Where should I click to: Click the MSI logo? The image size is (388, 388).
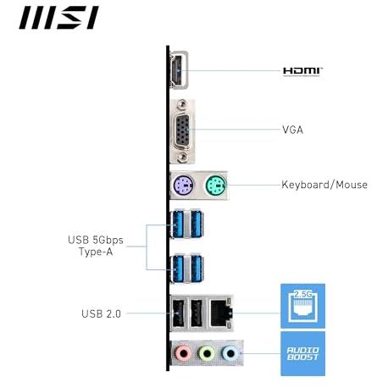[58, 18]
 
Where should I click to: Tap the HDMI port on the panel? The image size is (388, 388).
[179, 70]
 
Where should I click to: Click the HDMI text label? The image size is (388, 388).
[302, 71]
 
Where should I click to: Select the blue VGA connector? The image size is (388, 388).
[182, 131]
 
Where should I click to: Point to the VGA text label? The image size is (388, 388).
[293, 130]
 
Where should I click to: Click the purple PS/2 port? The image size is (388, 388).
[183, 186]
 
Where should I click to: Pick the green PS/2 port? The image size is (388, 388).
[216, 186]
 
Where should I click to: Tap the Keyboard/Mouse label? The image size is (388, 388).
[324, 185]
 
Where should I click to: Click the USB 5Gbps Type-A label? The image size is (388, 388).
[96, 246]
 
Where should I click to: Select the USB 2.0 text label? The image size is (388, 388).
[101, 313]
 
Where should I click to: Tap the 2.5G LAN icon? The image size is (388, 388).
[302, 306]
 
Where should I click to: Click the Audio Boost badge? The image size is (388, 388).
[302, 353]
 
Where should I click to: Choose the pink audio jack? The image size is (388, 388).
[184, 353]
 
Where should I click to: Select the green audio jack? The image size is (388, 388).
[207, 353]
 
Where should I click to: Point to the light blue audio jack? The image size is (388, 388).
[230, 353]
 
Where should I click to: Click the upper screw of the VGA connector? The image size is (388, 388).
[182, 105]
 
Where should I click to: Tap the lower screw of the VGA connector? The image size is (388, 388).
[182, 156]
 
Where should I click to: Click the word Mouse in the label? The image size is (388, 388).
[352, 185]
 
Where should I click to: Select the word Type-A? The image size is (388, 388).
[96, 252]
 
